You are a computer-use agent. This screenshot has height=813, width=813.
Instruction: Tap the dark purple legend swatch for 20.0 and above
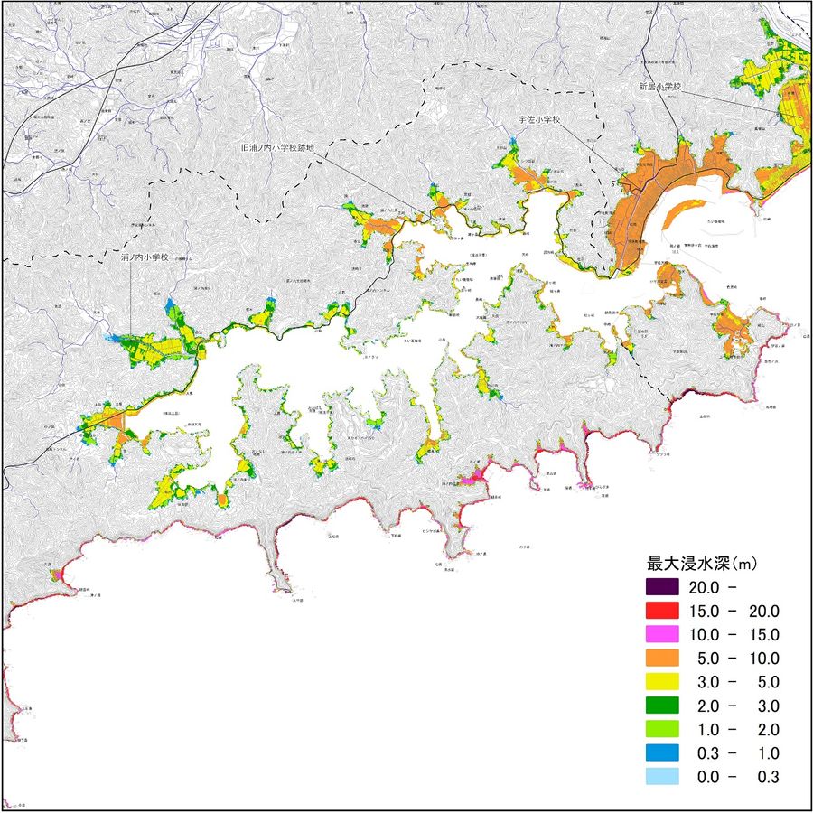coord(662,587)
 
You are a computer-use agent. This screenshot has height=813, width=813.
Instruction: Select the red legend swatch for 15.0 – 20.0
coord(662,611)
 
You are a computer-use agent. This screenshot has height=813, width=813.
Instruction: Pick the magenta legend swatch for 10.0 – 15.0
coord(662,634)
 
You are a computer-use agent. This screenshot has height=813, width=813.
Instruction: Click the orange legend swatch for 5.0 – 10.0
coord(662,659)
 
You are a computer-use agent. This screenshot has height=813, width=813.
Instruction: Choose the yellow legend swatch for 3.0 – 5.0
coord(662,682)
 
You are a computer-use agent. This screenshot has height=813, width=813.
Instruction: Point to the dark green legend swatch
coord(662,706)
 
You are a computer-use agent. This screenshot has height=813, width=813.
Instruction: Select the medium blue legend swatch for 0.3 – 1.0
coord(662,753)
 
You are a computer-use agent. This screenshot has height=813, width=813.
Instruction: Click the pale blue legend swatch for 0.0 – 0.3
coord(662,777)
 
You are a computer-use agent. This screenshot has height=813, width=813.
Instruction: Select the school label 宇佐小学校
coord(540,118)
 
